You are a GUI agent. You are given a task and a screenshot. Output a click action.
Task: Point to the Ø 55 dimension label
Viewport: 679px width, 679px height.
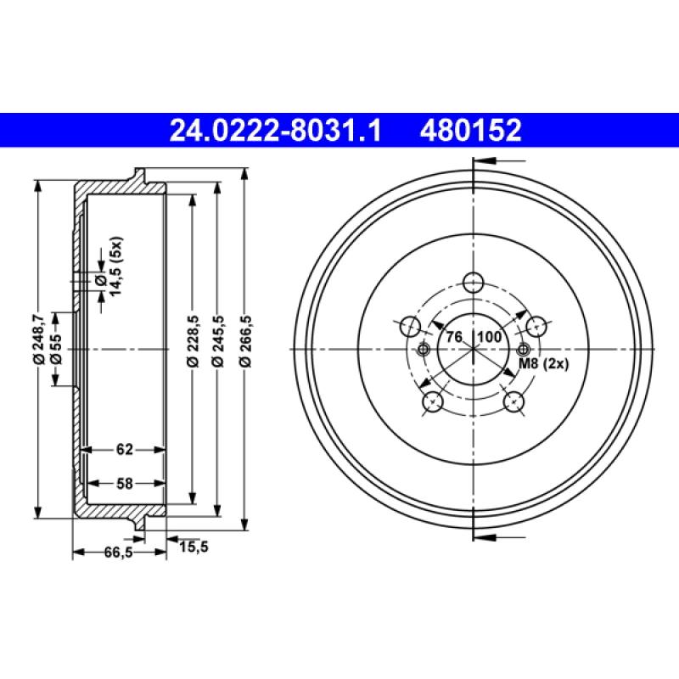tap(55, 349)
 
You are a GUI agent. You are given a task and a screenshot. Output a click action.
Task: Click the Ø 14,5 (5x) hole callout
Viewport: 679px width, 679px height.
tap(109, 270)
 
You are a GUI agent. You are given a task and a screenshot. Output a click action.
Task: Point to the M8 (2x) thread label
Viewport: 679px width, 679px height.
tap(542, 364)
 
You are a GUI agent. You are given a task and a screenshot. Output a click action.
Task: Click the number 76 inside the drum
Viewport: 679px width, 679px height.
tap(454, 337)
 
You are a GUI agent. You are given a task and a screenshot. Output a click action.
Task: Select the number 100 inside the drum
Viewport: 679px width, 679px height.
tap(490, 337)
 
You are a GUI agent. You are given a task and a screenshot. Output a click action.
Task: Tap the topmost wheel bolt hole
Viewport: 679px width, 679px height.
tap(474, 283)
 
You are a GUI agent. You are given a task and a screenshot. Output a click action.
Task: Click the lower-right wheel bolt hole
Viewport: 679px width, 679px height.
tap(513, 401)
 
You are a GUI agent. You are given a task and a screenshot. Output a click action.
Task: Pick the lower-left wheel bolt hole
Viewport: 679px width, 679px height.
tap(433, 401)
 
